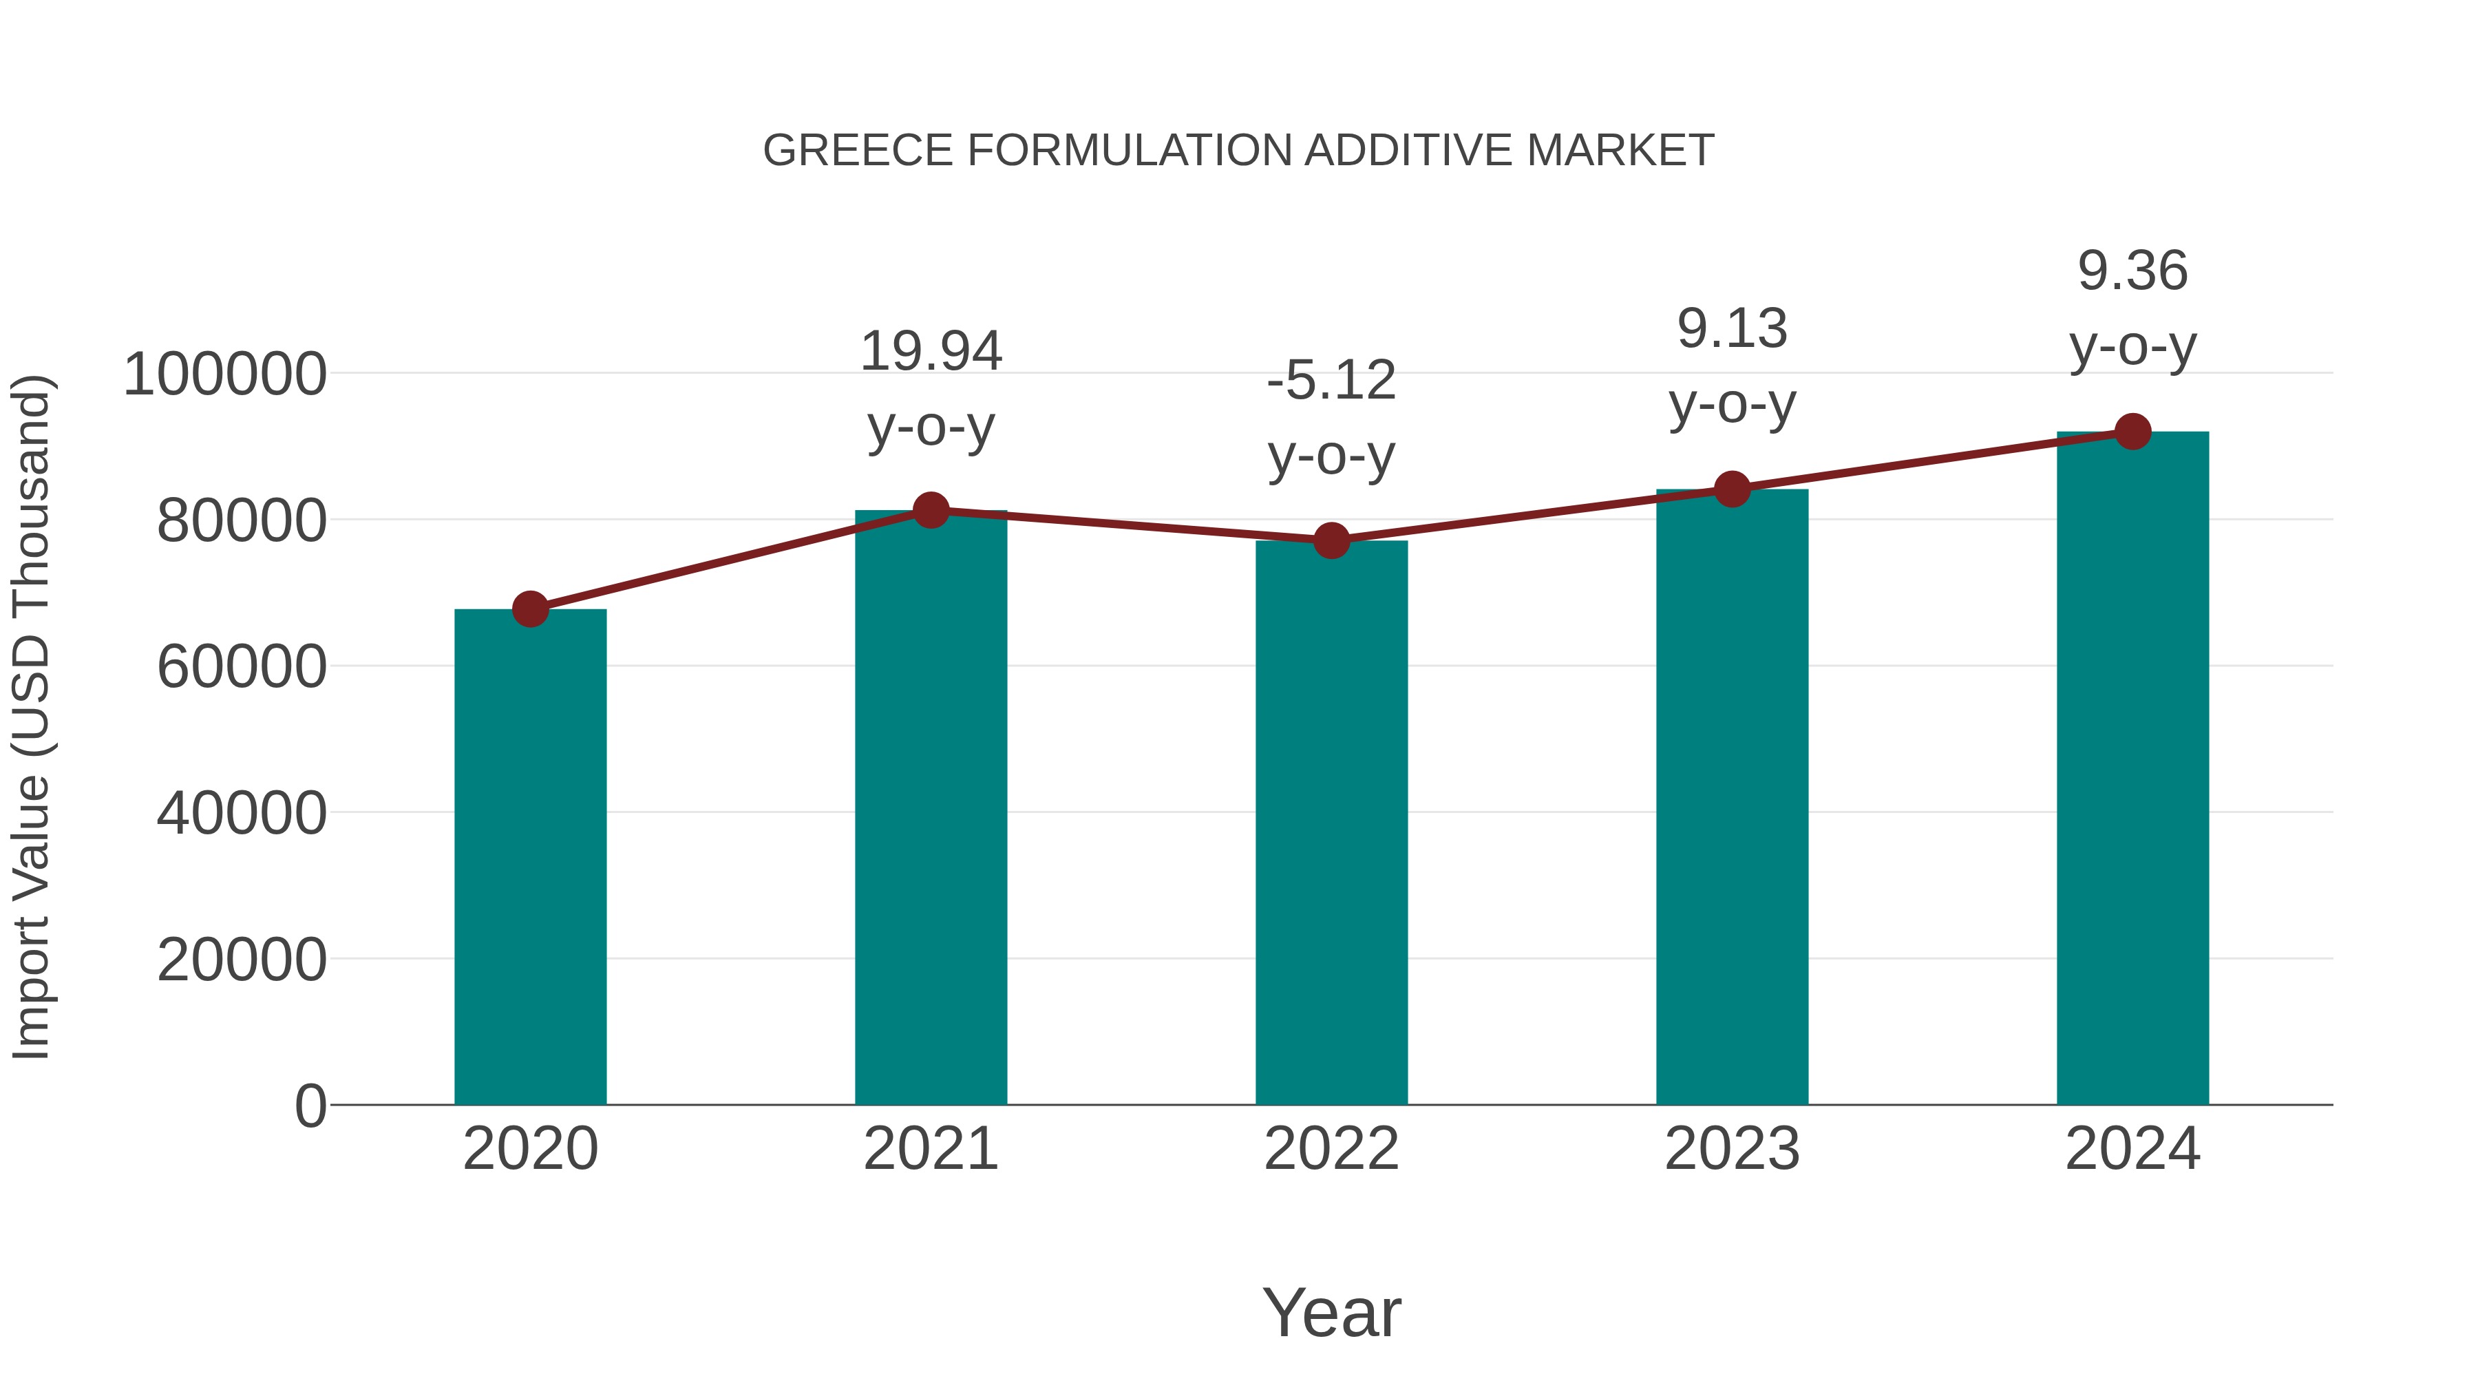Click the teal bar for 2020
pos(530,856)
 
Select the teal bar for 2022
pos(1331,823)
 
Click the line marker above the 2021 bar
pos(930,510)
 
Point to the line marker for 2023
pos(1732,489)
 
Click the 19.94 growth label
pos(930,351)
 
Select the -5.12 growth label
pos(1331,380)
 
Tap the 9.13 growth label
pos(1732,329)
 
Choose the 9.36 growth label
pos(2132,271)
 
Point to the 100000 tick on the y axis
pos(225,374)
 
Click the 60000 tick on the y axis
pos(242,666)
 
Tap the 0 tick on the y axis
pos(310,1106)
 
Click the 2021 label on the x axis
pos(930,1149)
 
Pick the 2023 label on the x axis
pos(1732,1149)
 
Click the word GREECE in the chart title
pos(858,151)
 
